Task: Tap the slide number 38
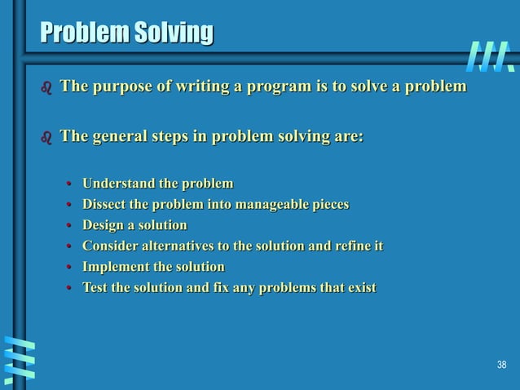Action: [502, 364]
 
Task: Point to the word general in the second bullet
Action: [118, 136]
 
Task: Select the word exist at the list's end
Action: [362, 288]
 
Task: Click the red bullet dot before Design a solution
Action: [71, 226]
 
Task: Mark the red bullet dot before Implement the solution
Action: [71, 268]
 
